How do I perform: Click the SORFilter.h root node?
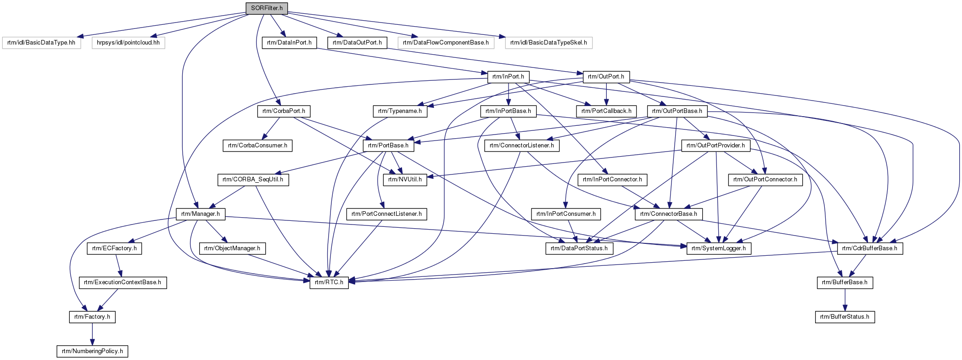click(267, 8)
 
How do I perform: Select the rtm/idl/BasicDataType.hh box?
click(41, 43)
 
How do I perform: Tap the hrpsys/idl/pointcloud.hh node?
click(128, 43)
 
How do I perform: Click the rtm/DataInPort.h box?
click(289, 43)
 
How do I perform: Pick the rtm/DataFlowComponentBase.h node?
click(446, 43)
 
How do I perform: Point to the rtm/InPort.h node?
click(508, 77)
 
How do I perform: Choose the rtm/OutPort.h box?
click(606, 77)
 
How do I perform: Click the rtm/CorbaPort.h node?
click(284, 111)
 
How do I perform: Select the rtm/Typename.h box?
click(400, 111)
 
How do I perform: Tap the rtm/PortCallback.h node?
click(606, 111)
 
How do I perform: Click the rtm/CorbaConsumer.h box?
click(257, 146)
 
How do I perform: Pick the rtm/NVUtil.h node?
click(405, 180)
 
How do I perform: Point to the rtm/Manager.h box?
click(201, 214)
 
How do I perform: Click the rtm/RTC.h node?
click(329, 282)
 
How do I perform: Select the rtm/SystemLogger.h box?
click(719, 248)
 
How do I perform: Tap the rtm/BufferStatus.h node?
click(845, 317)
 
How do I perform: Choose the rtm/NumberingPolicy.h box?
click(92, 351)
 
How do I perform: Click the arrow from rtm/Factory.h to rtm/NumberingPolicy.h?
click(92, 334)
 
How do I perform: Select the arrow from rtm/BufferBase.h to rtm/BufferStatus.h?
click(845, 300)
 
